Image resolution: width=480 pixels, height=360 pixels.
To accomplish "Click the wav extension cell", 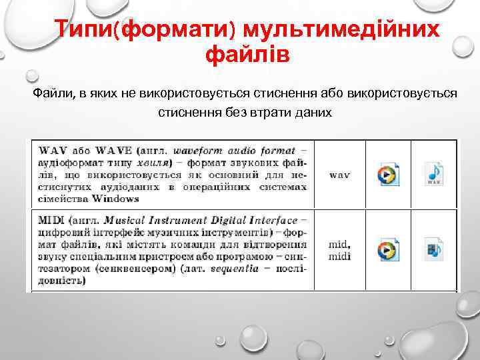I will point(340,175).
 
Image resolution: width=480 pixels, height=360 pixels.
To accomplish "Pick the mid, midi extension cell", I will point(340,250).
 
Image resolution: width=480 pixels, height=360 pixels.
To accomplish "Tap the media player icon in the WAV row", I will point(387,175).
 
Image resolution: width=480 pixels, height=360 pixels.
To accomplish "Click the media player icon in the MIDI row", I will point(387,250).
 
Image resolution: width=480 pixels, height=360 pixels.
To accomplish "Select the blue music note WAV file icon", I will point(433,174).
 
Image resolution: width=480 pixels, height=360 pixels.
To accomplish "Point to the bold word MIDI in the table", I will point(51,220).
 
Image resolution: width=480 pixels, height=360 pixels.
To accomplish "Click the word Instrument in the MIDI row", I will point(171,220).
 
